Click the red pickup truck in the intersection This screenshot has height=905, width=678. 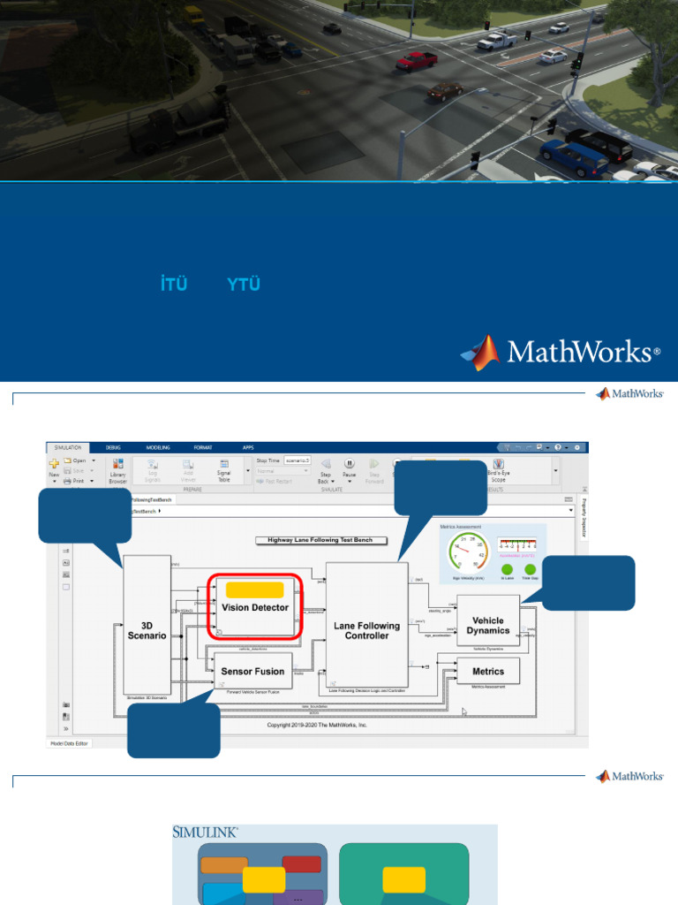(416, 60)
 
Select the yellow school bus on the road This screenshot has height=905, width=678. (193, 15)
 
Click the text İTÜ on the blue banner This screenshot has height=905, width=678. (175, 285)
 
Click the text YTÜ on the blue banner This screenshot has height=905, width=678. (243, 285)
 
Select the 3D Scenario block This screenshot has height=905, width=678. (147, 624)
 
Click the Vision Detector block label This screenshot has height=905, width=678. (255, 608)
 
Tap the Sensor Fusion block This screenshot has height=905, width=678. (252, 672)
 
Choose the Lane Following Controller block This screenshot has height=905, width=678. (366, 630)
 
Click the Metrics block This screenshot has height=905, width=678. (488, 672)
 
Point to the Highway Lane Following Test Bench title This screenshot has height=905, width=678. (314, 540)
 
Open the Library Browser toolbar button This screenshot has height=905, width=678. (117, 470)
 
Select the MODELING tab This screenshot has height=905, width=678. (158, 448)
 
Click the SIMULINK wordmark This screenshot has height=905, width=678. (206, 832)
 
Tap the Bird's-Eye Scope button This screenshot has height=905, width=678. (498, 470)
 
